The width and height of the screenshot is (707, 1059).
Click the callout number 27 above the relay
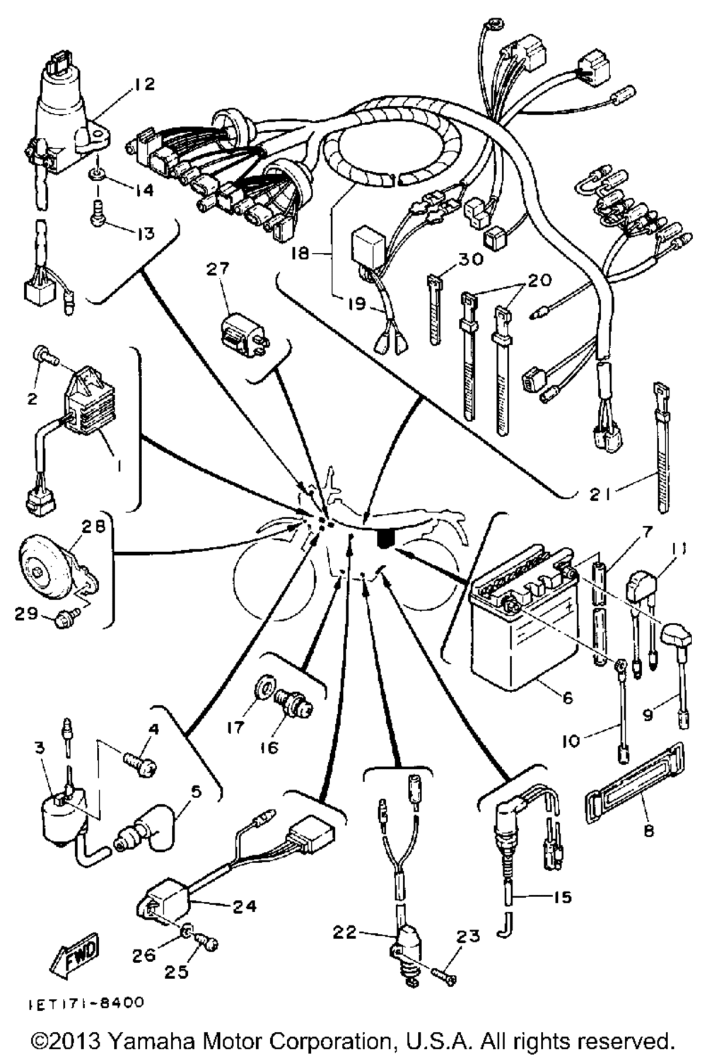pyautogui.click(x=218, y=269)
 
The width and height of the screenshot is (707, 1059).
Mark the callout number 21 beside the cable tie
pyautogui.click(x=600, y=495)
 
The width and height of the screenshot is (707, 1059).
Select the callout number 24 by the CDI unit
pyautogui.click(x=245, y=906)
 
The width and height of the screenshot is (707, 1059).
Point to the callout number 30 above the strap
pyautogui.click(x=469, y=259)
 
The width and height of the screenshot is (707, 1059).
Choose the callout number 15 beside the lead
pyautogui.click(x=563, y=897)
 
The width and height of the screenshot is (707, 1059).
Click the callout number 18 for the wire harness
pyautogui.click(x=300, y=253)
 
